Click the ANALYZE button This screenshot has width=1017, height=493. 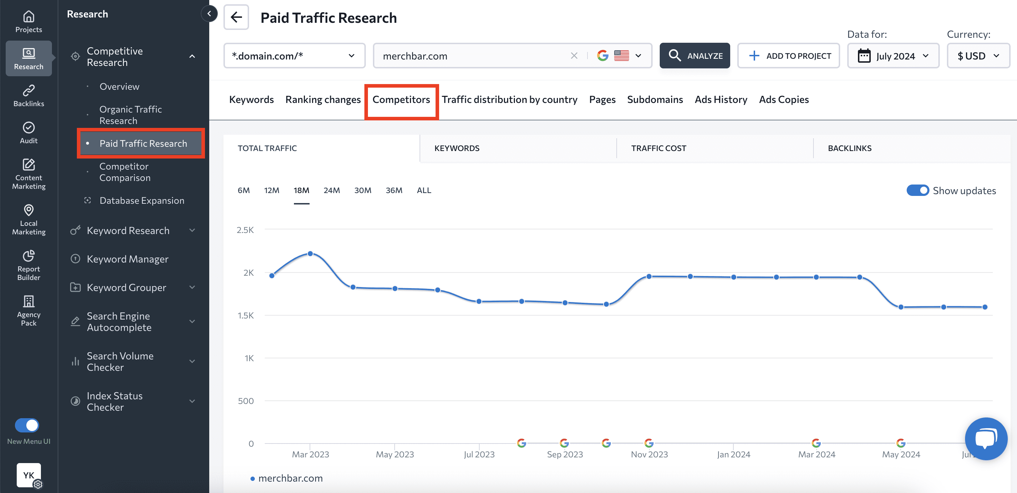(x=695, y=56)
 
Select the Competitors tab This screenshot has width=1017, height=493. (x=401, y=100)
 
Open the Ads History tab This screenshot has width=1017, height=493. (x=721, y=100)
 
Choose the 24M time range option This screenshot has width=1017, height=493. (x=331, y=190)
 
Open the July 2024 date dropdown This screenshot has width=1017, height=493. (x=893, y=56)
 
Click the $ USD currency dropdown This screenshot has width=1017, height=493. (x=978, y=56)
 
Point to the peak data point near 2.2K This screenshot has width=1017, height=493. (x=310, y=253)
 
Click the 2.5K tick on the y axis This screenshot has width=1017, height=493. (x=245, y=230)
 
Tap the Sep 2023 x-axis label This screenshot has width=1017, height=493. (x=565, y=454)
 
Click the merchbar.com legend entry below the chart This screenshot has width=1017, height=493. (x=290, y=478)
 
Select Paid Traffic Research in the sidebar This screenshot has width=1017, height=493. (x=143, y=144)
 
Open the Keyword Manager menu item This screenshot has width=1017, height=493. (x=127, y=259)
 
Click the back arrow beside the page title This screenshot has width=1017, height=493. (x=236, y=17)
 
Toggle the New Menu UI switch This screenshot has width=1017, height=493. (x=27, y=425)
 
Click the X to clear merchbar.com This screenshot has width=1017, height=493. (x=574, y=56)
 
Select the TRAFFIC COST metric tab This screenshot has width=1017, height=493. (x=659, y=148)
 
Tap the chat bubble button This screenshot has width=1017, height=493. (x=986, y=438)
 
